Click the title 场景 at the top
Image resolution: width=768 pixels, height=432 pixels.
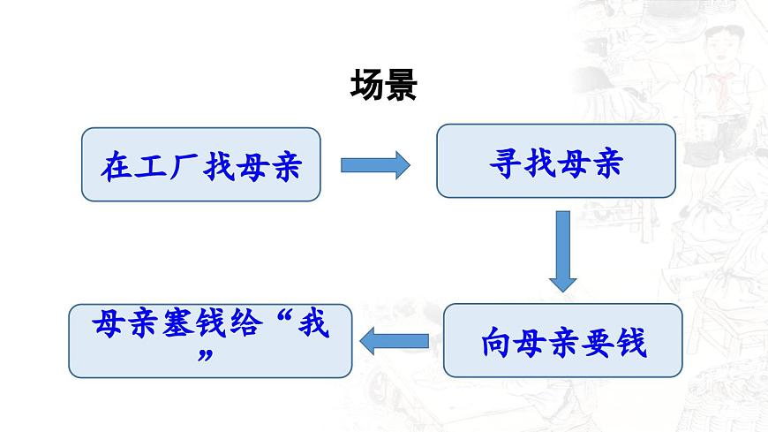383,86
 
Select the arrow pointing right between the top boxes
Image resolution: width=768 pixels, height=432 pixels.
375,163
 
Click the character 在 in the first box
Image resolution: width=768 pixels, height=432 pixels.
117,165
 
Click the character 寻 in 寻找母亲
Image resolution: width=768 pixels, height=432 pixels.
505,162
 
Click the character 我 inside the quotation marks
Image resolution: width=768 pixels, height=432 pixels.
313,324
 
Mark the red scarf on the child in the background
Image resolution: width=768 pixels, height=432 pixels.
724,85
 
